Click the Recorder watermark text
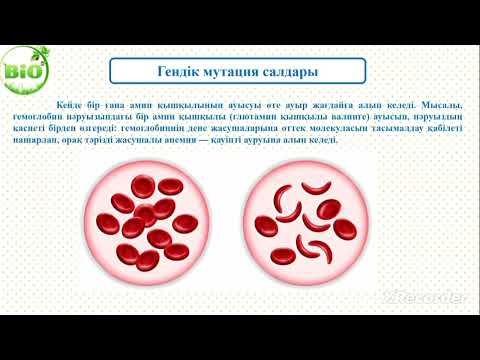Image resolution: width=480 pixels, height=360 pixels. (x=430, y=298)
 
